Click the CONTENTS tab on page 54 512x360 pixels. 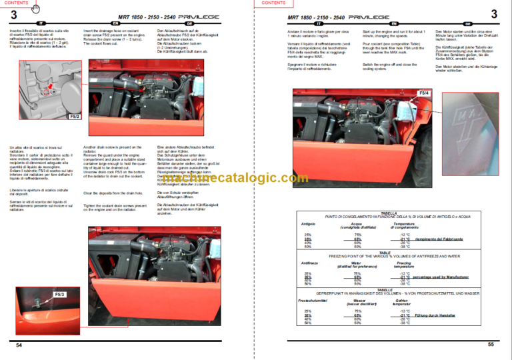(x=17, y=3)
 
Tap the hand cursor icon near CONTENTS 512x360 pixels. (x=36, y=8)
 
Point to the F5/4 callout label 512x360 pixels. (x=425, y=92)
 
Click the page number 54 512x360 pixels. (x=19, y=345)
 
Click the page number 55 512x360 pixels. (x=490, y=344)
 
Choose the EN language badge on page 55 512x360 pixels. (x=395, y=23)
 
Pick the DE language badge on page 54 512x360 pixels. (x=189, y=23)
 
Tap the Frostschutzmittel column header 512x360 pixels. (x=312, y=301)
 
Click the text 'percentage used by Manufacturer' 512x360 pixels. (x=441, y=277)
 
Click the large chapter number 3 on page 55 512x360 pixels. (x=493, y=13)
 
